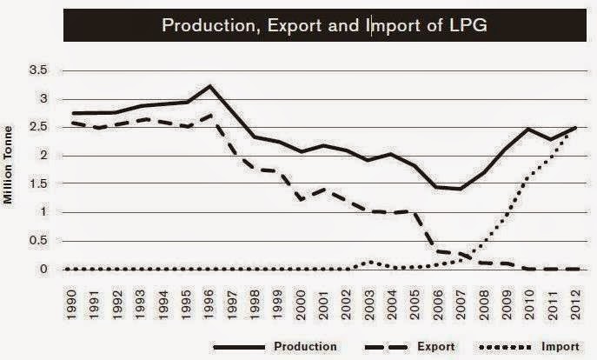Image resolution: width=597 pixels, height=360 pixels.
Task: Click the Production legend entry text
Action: (305, 347)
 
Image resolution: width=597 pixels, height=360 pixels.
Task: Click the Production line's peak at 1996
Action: (210, 86)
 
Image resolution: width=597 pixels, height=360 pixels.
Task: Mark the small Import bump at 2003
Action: (371, 261)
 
